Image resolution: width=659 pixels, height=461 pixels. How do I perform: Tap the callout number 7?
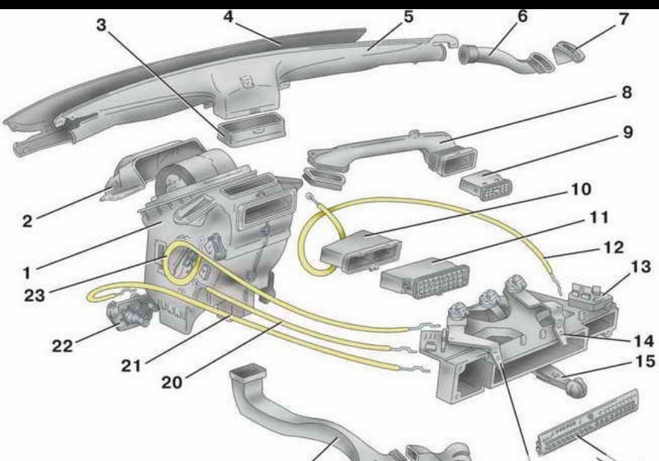[x=623, y=18]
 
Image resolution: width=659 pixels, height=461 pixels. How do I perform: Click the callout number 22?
[x=62, y=346]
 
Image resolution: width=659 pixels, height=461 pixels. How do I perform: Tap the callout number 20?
[x=173, y=382]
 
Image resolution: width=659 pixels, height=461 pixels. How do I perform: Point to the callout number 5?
[x=408, y=16]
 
